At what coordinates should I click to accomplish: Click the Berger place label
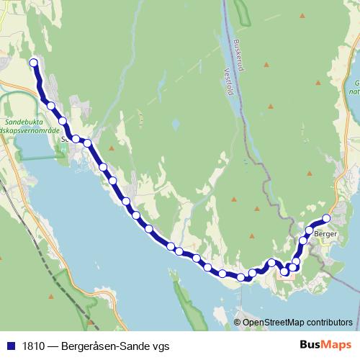coord(326,234)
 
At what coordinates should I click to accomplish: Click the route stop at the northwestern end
coord(33,63)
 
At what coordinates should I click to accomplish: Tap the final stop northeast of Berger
coord(326,217)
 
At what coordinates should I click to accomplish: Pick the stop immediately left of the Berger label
coord(310,230)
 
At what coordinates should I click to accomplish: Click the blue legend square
coord(10,346)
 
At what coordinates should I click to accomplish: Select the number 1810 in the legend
coord(32,346)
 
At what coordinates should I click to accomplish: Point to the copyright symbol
coord(237,323)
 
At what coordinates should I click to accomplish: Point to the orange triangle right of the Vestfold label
coord(266,66)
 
